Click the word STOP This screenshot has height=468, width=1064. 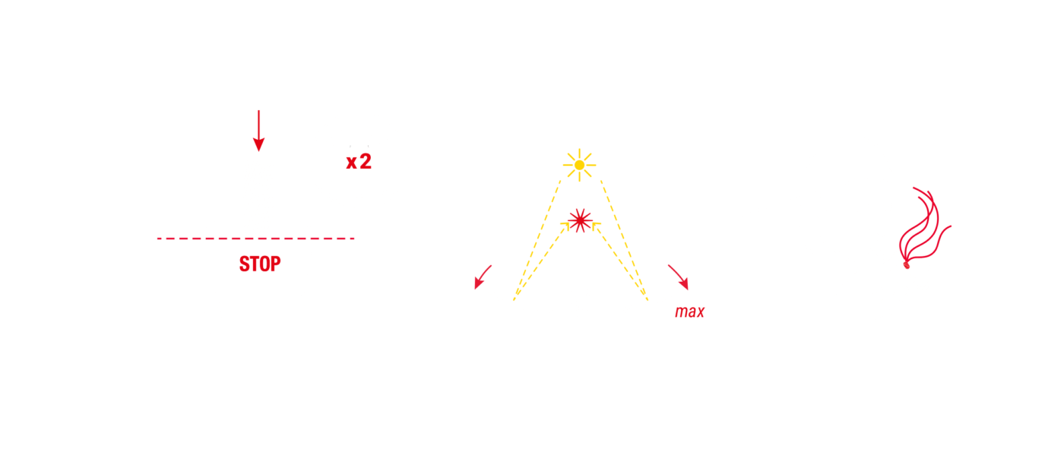pos(260,264)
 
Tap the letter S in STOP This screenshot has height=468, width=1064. pos(244,264)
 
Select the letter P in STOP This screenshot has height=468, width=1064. pos(275,264)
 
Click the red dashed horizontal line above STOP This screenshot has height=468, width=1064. pos(255,239)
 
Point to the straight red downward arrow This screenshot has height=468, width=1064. pos(258,131)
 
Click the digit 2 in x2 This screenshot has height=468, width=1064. pos(366,161)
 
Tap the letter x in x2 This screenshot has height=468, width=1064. pos(351,163)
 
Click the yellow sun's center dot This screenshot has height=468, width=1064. pos(579,165)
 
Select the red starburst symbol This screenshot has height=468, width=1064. pos(580,220)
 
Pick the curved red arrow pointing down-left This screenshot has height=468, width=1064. pos(482,277)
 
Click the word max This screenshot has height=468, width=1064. pos(690,311)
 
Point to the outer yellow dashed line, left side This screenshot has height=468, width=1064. pos(537,240)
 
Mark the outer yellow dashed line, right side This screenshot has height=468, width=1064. pos(624,240)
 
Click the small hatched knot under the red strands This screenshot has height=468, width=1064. pos(906,265)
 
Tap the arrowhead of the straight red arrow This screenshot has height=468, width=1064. pos(258,144)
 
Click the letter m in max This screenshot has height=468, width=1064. pos(681,312)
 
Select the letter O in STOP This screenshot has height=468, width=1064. pos(265,264)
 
